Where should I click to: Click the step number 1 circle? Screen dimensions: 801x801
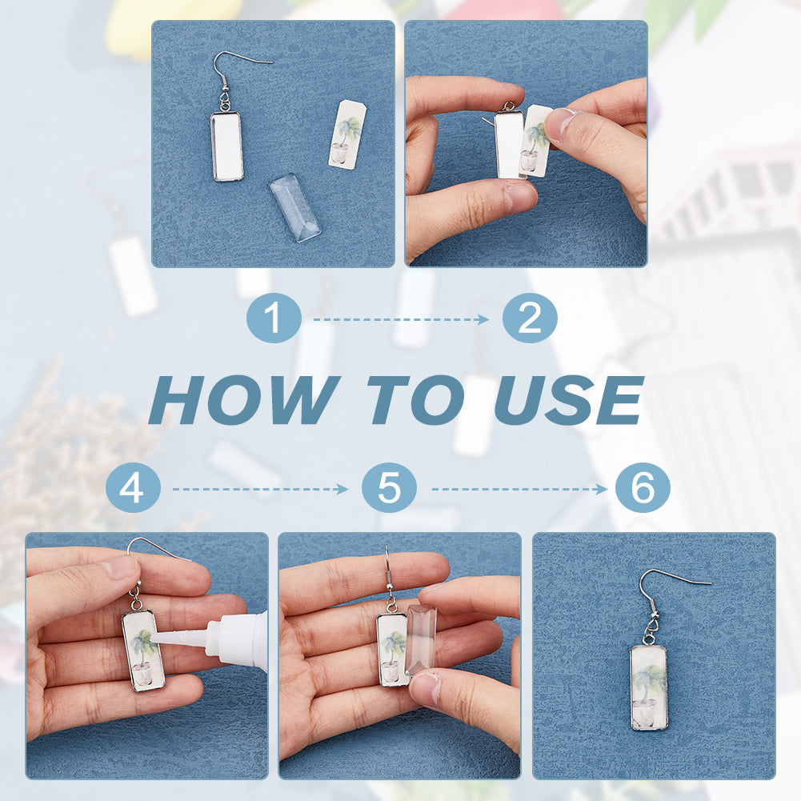tap(274, 318)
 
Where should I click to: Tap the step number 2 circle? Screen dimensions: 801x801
tap(530, 318)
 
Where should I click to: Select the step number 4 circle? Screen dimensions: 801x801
tap(134, 487)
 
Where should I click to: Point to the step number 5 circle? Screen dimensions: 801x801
tap(389, 487)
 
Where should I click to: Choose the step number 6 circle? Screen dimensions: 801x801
tap(643, 487)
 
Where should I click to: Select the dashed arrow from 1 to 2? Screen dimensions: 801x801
tap(402, 320)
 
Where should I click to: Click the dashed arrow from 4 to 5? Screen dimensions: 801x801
tap(261, 490)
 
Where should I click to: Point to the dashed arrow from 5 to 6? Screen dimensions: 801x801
tap(519, 490)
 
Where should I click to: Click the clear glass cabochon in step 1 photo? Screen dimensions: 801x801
tap(295, 207)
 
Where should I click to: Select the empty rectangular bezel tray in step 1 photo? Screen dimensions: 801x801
tap(226, 146)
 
